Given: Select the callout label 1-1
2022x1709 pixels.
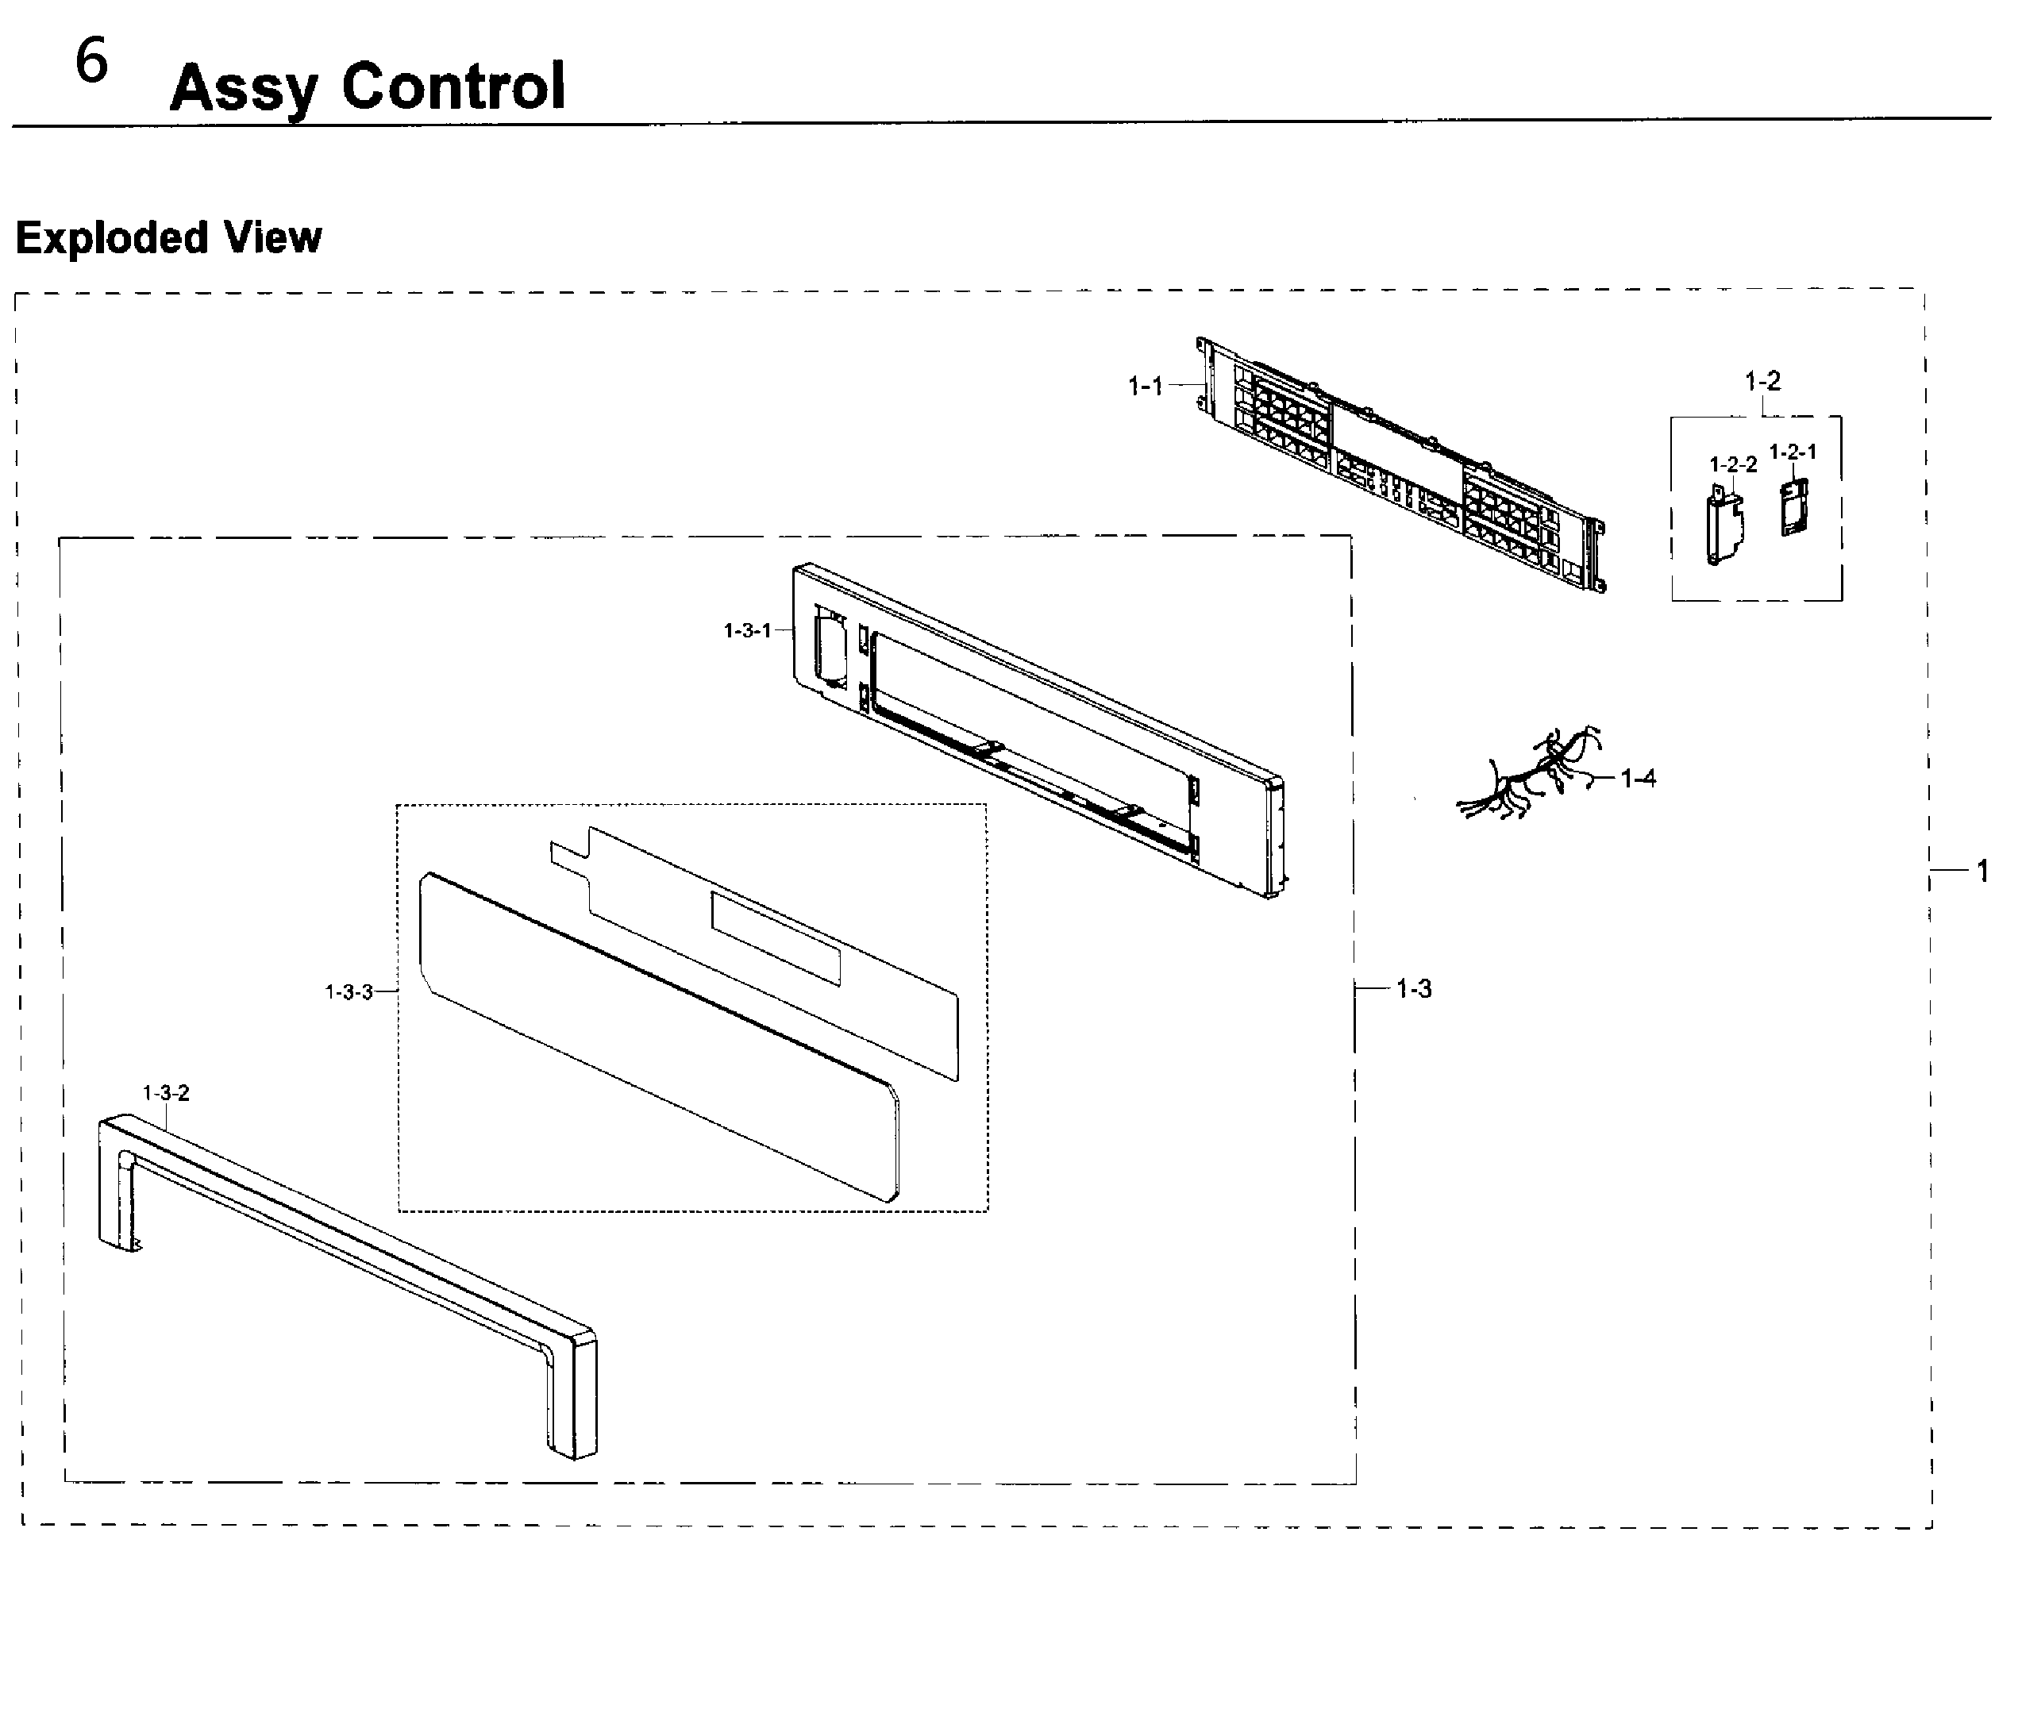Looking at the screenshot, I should (x=1146, y=387).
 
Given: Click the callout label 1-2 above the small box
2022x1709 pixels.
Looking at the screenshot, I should (x=1762, y=381).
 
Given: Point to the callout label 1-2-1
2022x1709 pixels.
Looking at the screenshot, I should (x=1793, y=452).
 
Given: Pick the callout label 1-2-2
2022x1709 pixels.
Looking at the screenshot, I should (x=1732, y=464).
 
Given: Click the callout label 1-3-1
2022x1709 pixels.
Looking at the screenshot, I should (x=747, y=631).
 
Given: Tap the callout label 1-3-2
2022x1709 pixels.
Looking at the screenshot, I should (x=166, y=1093).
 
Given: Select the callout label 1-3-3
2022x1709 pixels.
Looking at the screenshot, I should (x=349, y=992).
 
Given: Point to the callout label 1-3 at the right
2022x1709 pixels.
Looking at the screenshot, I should (x=1414, y=989).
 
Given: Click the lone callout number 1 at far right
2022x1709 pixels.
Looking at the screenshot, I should (x=1982, y=872).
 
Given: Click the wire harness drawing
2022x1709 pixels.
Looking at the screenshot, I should (x=1531, y=775).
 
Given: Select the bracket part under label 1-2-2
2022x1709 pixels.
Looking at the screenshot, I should (x=1723, y=528).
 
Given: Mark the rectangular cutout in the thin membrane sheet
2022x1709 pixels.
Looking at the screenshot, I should (x=775, y=937).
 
